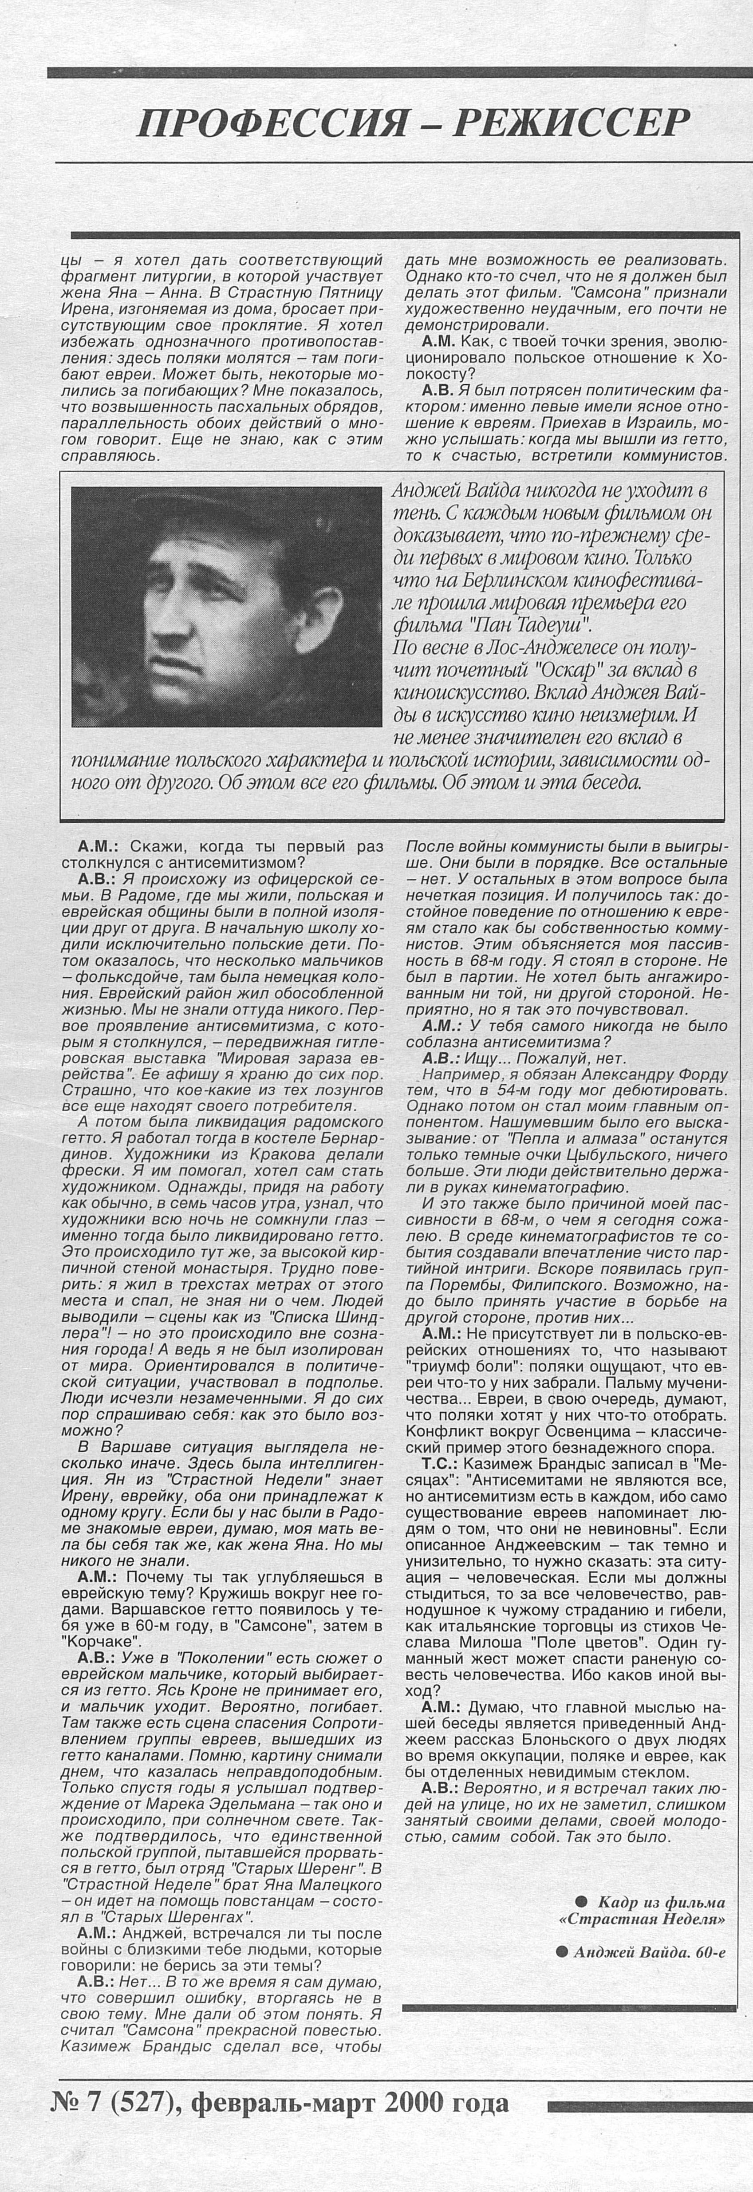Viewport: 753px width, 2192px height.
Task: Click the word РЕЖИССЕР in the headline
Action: pyautogui.click(x=571, y=124)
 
